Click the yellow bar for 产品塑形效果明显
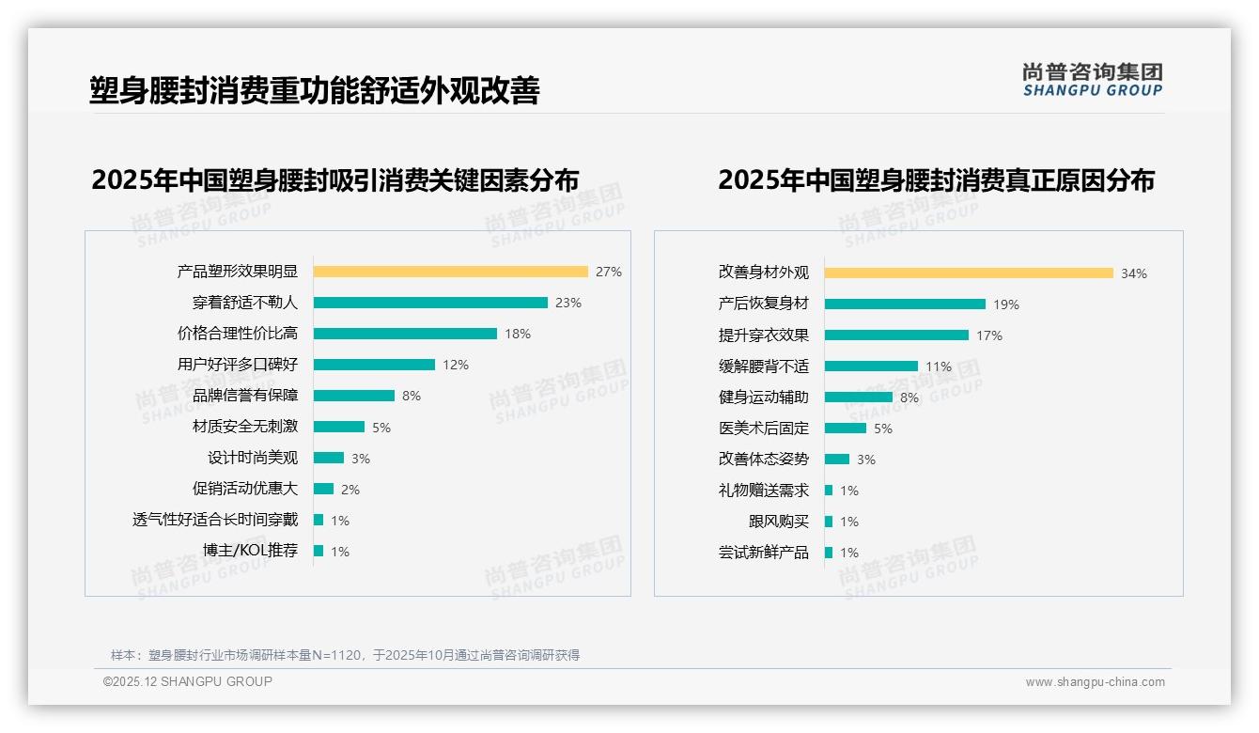point(450,272)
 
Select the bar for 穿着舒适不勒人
point(430,303)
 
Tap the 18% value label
point(518,334)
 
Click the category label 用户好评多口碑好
point(238,365)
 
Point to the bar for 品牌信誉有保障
point(354,396)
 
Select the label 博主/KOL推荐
point(250,551)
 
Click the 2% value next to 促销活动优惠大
point(350,490)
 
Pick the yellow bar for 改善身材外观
point(969,273)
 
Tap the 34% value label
point(1133,274)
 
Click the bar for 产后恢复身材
point(905,304)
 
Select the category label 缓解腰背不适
point(763,366)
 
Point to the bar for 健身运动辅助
point(859,398)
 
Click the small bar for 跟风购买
point(829,522)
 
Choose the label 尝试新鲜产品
point(763,553)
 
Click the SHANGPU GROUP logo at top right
point(1093,80)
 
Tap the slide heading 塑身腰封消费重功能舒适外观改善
point(315,90)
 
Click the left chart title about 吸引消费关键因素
point(335,179)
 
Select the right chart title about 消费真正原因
point(936,179)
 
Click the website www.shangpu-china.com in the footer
point(1095,682)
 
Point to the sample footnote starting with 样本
point(345,655)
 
